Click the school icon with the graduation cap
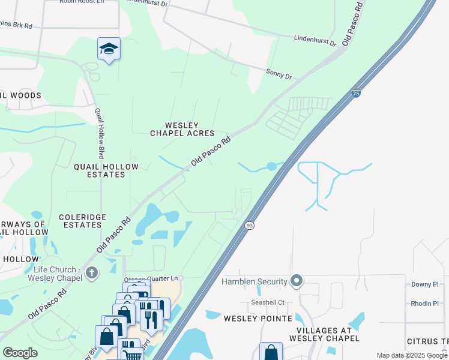click(109, 49)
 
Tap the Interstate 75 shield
click(356, 94)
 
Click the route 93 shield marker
click(249, 225)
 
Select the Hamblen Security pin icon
click(296, 281)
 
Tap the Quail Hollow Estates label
click(100, 170)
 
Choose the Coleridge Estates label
click(82, 221)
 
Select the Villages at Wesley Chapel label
click(328, 334)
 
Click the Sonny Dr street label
click(279, 75)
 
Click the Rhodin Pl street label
click(425, 303)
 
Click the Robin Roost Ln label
click(82, 2)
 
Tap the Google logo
click(20, 353)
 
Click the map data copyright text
click(412, 355)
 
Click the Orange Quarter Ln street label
click(151, 279)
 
